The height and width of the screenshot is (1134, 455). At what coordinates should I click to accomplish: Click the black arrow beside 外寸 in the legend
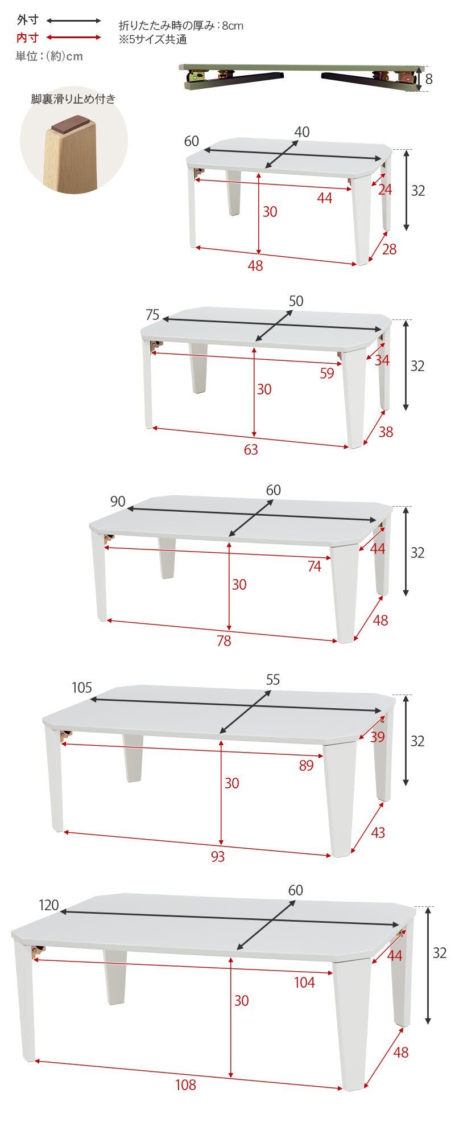[x=73, y=21]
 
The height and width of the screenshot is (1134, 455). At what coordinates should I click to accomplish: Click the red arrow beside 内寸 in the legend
[x=73, y=38]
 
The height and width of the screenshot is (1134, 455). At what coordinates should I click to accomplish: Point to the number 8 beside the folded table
[x=429, y=79]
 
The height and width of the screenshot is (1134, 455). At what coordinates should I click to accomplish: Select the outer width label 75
[x=152, y=315]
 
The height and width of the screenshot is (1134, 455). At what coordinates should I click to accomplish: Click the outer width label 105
[x=82, y=688]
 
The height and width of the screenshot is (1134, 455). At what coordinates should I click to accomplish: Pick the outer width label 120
[x=49, y=905]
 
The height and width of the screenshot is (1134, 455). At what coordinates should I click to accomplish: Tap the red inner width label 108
[x=185, y=1085]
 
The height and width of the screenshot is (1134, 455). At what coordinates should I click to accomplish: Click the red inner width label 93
[x=218, y=856]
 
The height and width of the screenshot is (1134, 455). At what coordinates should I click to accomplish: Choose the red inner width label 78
[x=224, y=641]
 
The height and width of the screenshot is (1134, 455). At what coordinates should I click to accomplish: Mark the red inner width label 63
[x=251, y=450]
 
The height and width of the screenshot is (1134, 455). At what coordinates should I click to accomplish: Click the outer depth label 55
[x=273, y=680]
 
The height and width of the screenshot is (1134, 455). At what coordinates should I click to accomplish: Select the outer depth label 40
[x=302, y=132]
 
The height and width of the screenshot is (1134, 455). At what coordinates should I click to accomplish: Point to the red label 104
[x=304, y=983]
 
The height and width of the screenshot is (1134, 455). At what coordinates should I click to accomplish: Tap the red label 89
[x=307, y=766]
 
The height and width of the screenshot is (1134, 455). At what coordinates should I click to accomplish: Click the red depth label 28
[x=390, y=249]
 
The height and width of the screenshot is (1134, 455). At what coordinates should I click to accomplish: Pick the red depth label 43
[x=378, y=833]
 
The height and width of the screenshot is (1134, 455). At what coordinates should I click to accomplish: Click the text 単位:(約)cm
[x=49, y=56]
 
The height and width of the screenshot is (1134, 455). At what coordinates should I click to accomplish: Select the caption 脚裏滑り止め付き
[x=73, y=99]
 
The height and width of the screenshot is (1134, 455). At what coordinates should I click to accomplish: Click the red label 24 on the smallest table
[x=385, y=190]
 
